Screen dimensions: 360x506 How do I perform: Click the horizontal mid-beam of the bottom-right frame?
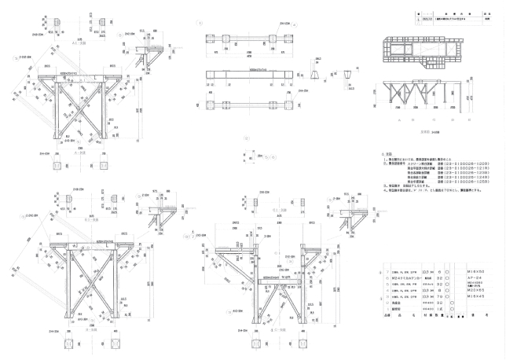pos(267,281)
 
